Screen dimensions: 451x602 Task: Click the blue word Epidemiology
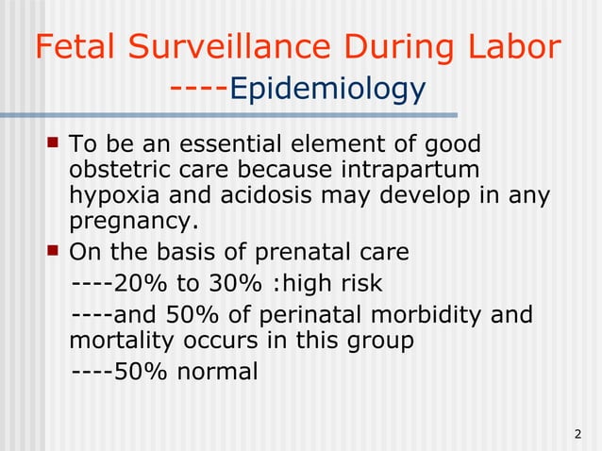click(326, 91)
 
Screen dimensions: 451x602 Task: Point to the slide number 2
click(577, 435)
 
